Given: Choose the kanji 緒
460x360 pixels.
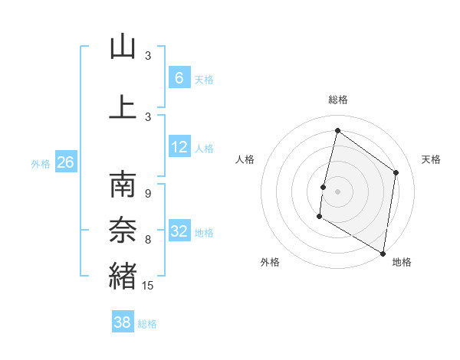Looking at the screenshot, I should pyautogui.click(x=123, y=274).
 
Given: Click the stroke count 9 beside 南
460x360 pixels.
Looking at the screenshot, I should pyautogui.click(x=148, y=194).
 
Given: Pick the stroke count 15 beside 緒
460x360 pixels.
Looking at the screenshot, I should pyautogui.click(x=149, y=286).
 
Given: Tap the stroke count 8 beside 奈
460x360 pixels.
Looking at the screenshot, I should pyautogui.click(x=148, y=240).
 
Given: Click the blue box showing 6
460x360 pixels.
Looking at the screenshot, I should pyautogui.click(x=179, y=77).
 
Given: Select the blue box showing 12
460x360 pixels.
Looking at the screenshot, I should pyautogui.click(x=179, y=147).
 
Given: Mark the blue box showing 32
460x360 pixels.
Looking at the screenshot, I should pyautogui.click(x=179, y=231).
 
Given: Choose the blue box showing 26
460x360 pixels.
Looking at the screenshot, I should pyautogui.click(x=65, y=162).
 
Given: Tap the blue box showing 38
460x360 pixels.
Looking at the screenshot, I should pyautogui.click(x=123, y=322).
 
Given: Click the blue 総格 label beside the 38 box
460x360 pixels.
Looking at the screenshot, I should pyautogui.click(x=147, y=324).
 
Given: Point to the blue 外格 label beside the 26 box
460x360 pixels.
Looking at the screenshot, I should pyautogui.click(x=41, y=163).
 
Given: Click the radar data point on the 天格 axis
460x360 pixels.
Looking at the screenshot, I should pyautogui.click(x=396, y=172).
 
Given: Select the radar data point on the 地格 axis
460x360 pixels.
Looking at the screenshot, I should pyautogui.click(x=383, y=253).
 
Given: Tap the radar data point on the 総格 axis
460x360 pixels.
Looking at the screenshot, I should pyautogui.click(x=337, y=131).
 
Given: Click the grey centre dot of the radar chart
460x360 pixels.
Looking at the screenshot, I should pyautogui.click(x=337, y=191).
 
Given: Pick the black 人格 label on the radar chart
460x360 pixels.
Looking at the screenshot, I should pyautogui.click(x=245, y=159).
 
